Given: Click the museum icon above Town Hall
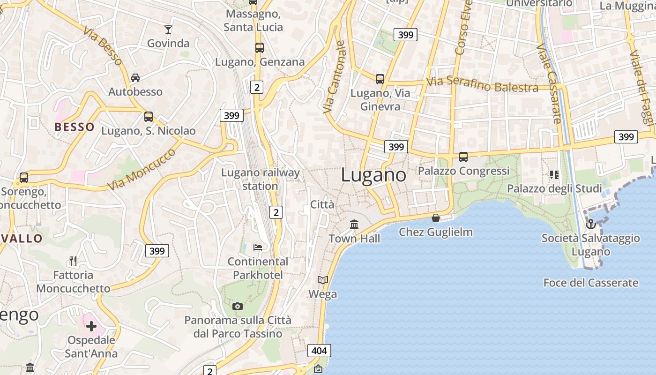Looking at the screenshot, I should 354,224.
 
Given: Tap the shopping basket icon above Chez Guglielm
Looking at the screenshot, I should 436,218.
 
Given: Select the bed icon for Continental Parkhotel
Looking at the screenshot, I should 258,247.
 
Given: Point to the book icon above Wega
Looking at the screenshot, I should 323,280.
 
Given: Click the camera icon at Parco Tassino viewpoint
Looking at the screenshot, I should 238,306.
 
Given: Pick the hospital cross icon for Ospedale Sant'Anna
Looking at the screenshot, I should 91,326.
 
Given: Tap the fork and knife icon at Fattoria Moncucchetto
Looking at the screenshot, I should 73,261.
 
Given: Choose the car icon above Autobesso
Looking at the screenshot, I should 135,77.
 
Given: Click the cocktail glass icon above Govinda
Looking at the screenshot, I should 168,30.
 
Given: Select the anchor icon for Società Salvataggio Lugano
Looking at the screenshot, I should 590,224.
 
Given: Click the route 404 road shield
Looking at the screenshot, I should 320,351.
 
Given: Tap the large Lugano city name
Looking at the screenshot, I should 373,175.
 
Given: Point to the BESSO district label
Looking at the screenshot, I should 75,127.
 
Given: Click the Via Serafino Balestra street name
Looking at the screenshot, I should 482,84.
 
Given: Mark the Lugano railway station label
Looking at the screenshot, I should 260,179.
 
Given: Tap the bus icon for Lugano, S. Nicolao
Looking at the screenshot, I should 149,117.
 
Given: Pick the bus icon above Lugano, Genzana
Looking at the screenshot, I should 259,48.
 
